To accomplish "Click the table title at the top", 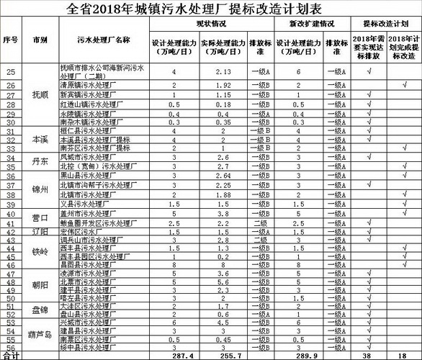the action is point(211,9).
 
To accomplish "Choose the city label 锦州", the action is point(40,189).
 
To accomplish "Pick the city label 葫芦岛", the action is point(40,334).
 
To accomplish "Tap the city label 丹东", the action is point(40,161).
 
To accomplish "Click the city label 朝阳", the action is point(40,286).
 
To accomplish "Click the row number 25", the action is point(11,71).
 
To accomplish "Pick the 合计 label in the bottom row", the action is point(11,355).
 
